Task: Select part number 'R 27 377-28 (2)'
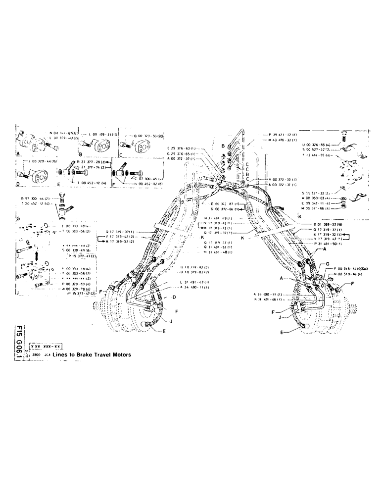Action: pyautogui.click(x=86, y=162)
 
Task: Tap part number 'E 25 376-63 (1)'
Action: pyautogui.click(x=182, y=148)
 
